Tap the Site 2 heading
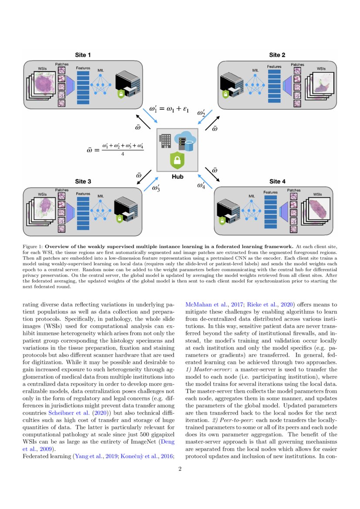click(277, 55)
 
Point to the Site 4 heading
click(277, 181)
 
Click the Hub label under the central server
click(178, 177)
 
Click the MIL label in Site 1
click(100, 70)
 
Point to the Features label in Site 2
click(274, 67)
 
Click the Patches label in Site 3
click(62, 190)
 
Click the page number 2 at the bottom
click(180, 469)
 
